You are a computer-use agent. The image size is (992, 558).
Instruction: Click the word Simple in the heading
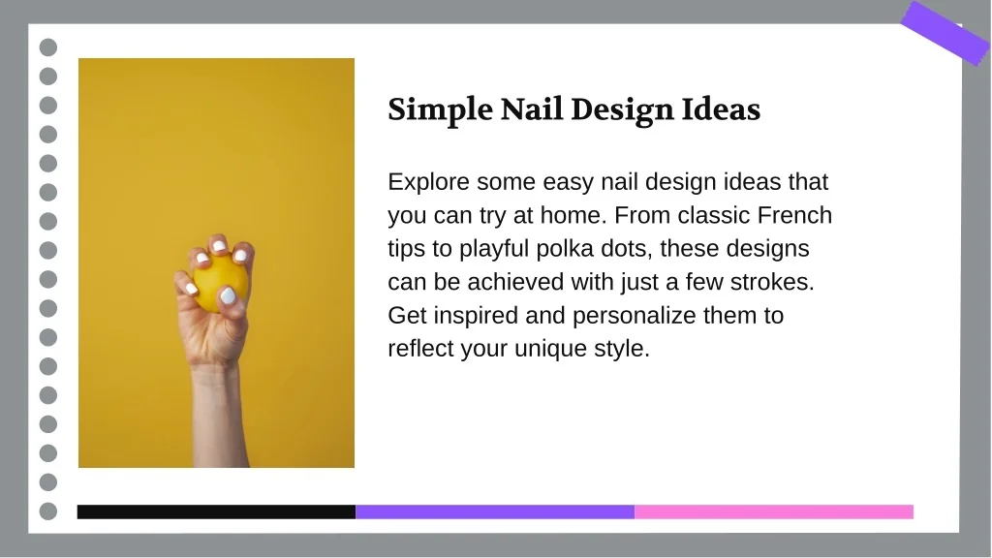coord(441,110)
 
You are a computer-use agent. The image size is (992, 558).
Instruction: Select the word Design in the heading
coord(622,110)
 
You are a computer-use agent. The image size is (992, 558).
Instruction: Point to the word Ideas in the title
coord(721,108)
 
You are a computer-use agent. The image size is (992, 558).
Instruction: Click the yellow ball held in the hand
coord(220,283)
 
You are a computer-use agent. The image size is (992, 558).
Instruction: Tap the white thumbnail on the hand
coord(228,294)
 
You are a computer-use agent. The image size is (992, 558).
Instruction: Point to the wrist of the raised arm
coord(216,367)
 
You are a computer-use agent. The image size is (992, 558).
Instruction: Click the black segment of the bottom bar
coord(216,511)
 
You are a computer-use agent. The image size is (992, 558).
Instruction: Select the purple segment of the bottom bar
coord(495,511)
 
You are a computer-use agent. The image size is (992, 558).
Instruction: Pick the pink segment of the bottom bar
coord(774,511)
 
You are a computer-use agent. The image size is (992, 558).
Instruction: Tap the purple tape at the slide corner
coord(945,33)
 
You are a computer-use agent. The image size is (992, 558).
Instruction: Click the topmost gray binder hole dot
coord(48,47)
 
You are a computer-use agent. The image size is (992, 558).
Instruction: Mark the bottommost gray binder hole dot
coord(48,511)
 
